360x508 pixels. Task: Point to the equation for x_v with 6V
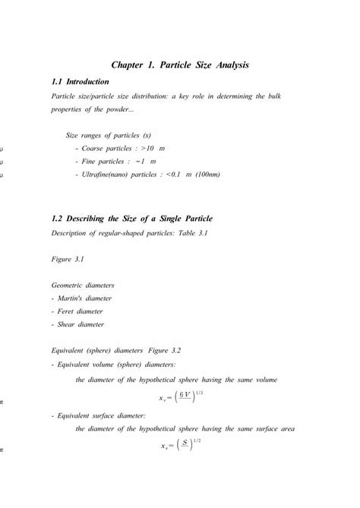(179, 396)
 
